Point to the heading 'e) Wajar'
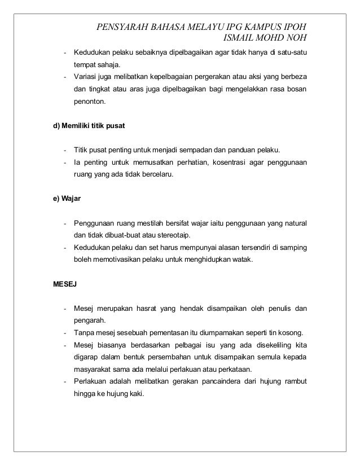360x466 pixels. (x=66, y=200)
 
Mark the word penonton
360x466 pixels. (x=89, y=103)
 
